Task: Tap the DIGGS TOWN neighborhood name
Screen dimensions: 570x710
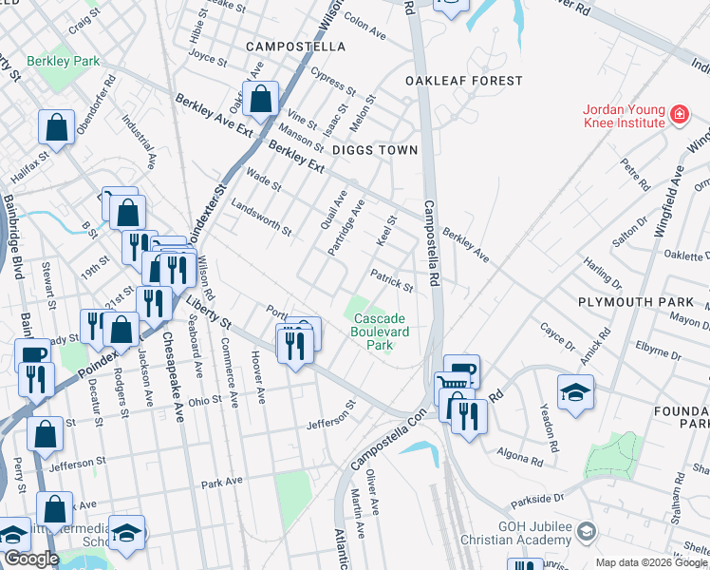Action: point(374,150)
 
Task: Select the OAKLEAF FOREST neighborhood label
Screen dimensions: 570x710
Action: point(451,81)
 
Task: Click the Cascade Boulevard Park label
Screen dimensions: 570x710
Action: point(379,332)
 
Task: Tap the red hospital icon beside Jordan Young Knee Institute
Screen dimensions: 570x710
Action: point(680,116)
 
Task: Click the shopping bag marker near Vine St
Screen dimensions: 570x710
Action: point(259,98)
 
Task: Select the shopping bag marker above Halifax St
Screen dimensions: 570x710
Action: point(57,127)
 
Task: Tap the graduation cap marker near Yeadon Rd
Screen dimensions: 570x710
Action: point(575,392)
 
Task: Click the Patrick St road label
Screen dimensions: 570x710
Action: point(392,281)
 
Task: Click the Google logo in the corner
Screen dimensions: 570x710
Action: point(30,560)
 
